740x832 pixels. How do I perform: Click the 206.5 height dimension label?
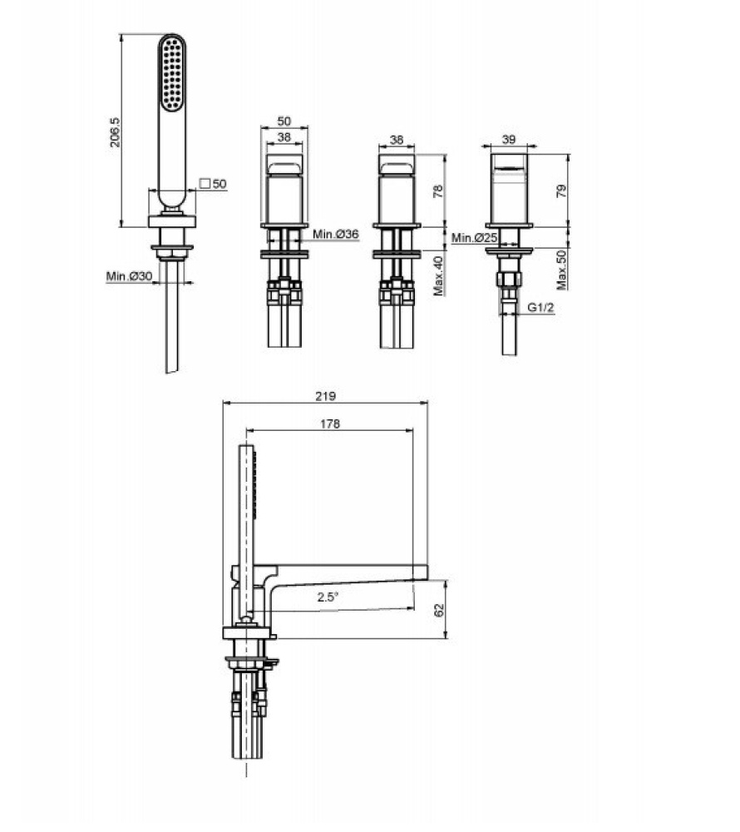click(x=116, y=132)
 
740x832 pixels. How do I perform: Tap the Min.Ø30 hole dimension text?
click(x=129, y=276)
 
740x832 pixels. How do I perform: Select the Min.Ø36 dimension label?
click(x=336, y=235)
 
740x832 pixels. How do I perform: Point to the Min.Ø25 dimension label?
click(x=474, y=239)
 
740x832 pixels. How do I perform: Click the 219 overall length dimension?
click(x=326, y=396)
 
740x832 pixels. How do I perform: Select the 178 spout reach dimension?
click(x=330, y=423)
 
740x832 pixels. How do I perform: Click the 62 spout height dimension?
click(x=440, y=610)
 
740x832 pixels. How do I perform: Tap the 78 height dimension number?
click(x=439, y=191)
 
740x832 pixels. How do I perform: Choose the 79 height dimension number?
click(x=561, y=191)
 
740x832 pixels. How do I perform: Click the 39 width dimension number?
click(x=509, y=140)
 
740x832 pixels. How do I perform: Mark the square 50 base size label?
click(x=214, y=184)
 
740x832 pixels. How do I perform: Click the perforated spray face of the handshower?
click(x=173, y=76)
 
